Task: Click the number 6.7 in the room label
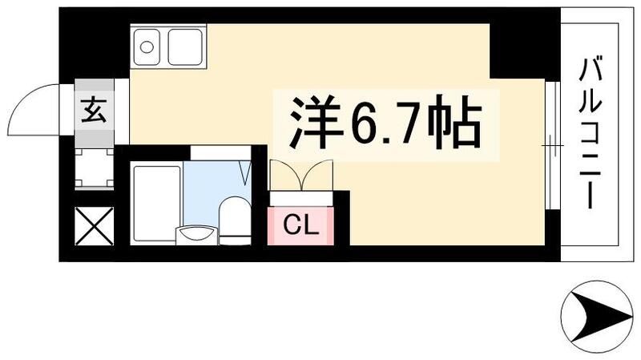click(x=379, y=122)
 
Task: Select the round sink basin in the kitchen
click(x=147, y=47)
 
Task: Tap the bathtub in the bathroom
click(x=155, y=202)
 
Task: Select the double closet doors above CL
click(x=300, y=174)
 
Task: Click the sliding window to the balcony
click(x=551, y=144)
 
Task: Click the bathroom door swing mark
click(x=246, y=170)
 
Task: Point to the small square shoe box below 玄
click(x=94, y=168)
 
